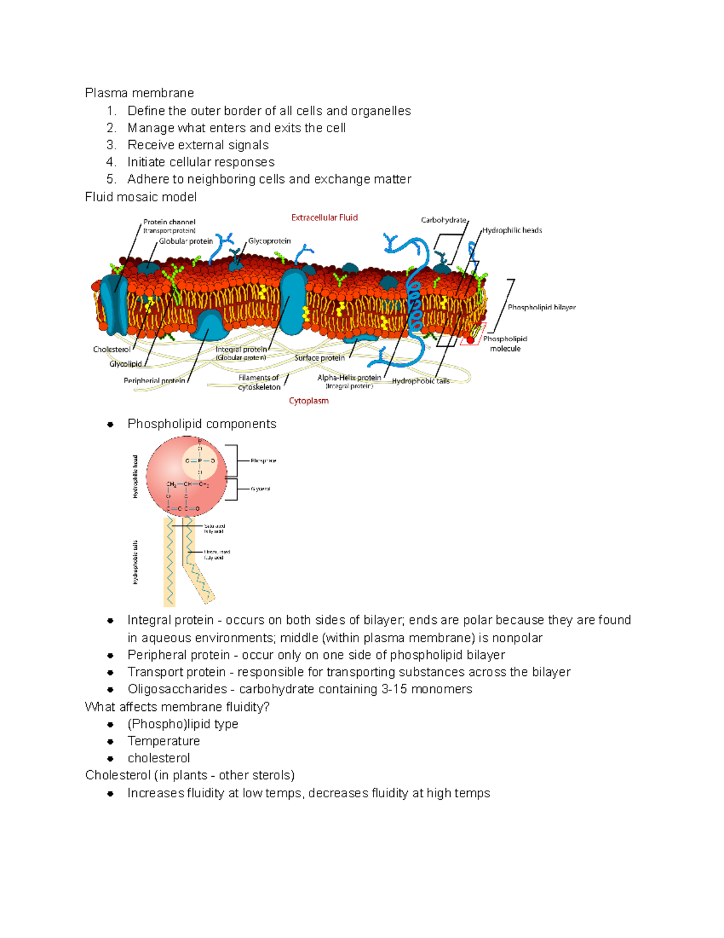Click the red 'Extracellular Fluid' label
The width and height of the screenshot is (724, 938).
tap(324, 217)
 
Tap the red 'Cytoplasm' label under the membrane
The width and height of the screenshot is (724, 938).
tap(308, 400)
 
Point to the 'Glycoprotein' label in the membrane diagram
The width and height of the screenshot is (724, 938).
tap(269, 241)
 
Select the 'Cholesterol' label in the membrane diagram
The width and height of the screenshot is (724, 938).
tap(112, 349)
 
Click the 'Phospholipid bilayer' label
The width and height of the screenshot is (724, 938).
tap(541, 307)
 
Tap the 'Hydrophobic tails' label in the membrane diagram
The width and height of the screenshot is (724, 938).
tap(421, 381)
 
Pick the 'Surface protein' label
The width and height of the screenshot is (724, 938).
tap(319, 358)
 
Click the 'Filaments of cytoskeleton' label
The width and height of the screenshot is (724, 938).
tap(259, 382)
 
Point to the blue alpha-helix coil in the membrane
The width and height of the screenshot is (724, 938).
tap(414, 302)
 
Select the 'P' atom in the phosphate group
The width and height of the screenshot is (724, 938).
tap(200, 461)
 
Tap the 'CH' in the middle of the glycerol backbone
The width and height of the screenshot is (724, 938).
tap(188, 484)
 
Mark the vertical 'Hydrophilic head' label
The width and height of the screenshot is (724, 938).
tap(135, 477)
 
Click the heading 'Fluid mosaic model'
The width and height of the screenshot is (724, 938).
tap(141, 197)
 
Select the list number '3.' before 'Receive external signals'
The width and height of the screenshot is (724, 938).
tap(111, 145)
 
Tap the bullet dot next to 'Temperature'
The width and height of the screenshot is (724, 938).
tap(110, 742)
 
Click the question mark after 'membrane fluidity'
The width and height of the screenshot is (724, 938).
tap(266, 707)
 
